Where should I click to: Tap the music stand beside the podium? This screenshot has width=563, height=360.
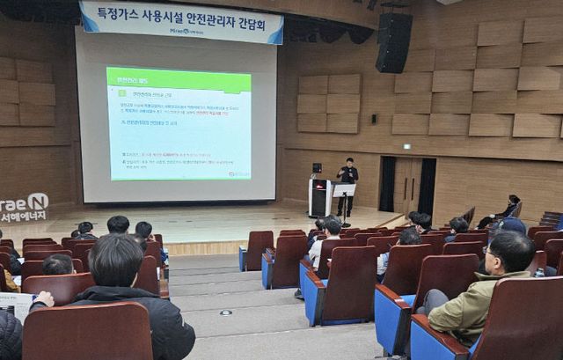point(343,192)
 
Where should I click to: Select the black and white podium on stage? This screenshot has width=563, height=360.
point(318,198)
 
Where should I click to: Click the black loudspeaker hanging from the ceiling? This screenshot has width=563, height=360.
point(393,41)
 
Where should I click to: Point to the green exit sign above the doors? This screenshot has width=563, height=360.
point(406,145)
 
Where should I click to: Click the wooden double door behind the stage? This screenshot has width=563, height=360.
point(407,185)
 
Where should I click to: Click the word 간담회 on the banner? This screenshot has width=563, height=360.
point(257,26)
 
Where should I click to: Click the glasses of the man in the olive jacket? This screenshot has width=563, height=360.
point(489,256)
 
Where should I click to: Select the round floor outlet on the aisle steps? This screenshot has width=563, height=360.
point(226,312)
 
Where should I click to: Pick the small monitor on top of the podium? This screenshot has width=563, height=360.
point(317,167)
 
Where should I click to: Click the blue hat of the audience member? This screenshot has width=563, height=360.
point(513,225)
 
